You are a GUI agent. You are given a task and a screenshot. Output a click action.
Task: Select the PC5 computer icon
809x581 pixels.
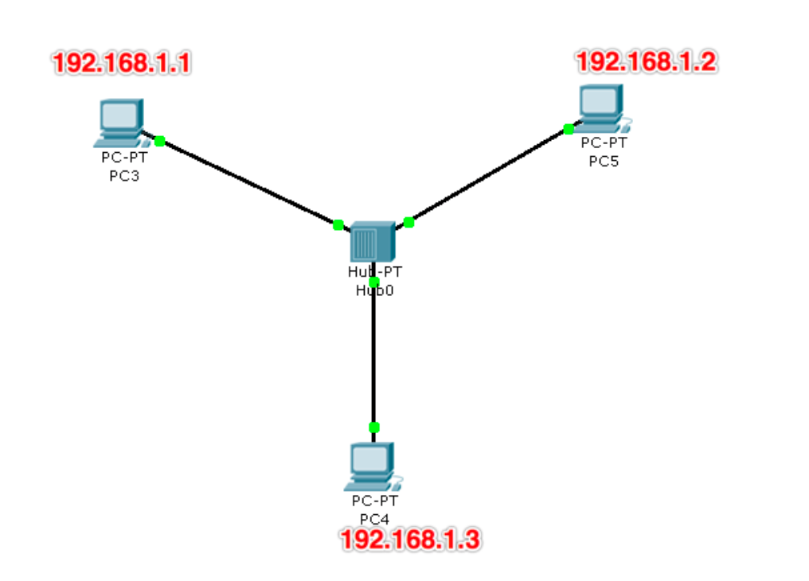pyautogui.click(x=601, y=108)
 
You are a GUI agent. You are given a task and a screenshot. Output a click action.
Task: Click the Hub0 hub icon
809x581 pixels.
pyautogui.click(x=373, y=241)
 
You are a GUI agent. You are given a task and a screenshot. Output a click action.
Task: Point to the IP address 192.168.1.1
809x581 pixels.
pyautogui.click(x=122, y=64)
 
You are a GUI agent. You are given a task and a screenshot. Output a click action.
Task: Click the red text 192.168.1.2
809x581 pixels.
pyautogui.click(x=646, y=61)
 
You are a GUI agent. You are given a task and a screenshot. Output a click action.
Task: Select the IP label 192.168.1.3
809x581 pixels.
pyautogui.click(x=410, y=539)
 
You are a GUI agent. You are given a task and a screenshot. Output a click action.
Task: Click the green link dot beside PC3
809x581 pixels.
pyautogui.click(x=159, y=141)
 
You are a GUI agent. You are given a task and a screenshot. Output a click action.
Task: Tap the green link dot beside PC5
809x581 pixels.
pyautogui.click(x=569, y=129)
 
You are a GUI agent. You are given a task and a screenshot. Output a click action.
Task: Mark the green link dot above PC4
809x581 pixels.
pyautogui.click(x=374, y=427)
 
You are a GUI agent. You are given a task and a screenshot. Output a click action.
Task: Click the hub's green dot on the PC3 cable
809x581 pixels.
pyautogui.click(x=338, y=225)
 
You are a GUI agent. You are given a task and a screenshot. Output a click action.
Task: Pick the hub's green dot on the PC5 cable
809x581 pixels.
pyautogui.click(x=408, y=222)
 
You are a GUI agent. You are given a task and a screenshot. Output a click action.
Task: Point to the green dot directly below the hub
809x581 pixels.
pyautogui.click(x=374, y=282)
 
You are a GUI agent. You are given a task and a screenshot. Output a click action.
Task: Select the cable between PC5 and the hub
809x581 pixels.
pyautogui.click(x=488, y=176)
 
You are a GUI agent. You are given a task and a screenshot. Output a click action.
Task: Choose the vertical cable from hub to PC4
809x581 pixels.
pyautogui.click(x=373, y=358)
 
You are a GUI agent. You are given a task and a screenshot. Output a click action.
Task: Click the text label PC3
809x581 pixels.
pyautogui.click(x=123, y=176)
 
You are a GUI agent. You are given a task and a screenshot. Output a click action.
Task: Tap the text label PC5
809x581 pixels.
pyautogui.click(x=603, y=162)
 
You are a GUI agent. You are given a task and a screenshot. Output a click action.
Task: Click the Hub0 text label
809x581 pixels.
pyautogui.click(x=374, y=290)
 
